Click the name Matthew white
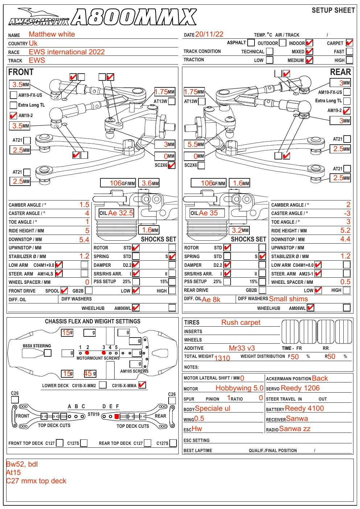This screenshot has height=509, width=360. [x=51, y=34]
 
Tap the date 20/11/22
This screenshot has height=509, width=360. [x=209, y=34]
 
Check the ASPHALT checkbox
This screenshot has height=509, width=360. [x=251, y=42]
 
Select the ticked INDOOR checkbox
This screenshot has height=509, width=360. [x=309, y=43]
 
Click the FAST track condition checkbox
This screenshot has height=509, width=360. [x=349, y=51]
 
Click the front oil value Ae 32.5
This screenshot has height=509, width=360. [x=120, y=213]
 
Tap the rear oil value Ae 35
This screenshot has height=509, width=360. [x=208, y=213]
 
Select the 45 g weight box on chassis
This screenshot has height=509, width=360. [x=90, y=373]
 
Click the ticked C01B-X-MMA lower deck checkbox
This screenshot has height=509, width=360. [x=142, y=385]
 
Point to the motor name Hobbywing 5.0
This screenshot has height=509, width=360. [x=239, y=388]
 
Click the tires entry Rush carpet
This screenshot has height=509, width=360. [x=241, y=322]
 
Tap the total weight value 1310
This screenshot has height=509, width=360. [x=222, y=358]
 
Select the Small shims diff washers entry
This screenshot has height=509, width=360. [x=288, y=299]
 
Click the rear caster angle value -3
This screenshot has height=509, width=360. [x=347, y=213]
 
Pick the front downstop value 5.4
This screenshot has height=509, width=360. [x=84, y=240]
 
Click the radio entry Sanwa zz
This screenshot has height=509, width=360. [x=294, y=429]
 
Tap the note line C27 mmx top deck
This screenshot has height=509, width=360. [x=36, y=481]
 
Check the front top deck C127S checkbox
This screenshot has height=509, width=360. [x=84, y=443]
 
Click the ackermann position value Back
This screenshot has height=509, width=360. [x=320, y=378]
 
